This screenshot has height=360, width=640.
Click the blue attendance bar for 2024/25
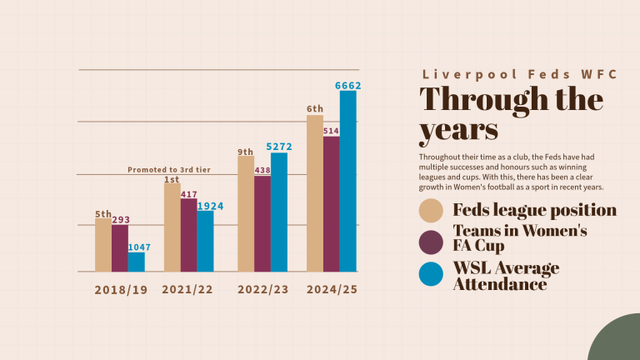click(347, 181)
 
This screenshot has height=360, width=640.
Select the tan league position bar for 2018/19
click(103, 245)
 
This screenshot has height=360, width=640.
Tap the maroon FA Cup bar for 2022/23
click(262, 223)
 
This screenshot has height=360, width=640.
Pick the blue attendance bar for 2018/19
click(137, 262)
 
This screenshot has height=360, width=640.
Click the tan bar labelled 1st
click(172, 227)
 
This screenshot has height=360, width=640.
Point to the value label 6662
click(348, 86)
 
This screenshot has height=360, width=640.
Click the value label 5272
click(279, 147)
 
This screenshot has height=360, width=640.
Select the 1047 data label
click(140, 247)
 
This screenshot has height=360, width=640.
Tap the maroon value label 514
click(331, 131)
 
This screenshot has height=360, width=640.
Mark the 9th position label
click(246, 152)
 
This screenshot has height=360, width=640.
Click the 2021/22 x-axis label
click(187, 289)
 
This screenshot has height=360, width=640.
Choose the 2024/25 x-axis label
click(332, 289)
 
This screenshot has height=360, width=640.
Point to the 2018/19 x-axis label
click(121, 290)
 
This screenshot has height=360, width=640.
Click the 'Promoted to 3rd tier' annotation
click(169, 170)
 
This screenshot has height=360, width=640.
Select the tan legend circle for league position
click(431, 211)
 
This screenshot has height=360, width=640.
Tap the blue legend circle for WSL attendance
click(431, 274)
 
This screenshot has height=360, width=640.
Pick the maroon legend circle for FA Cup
click(431, 242)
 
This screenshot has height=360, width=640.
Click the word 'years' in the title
click(459, 131)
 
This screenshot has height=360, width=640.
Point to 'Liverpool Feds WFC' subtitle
click(520, 74)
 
